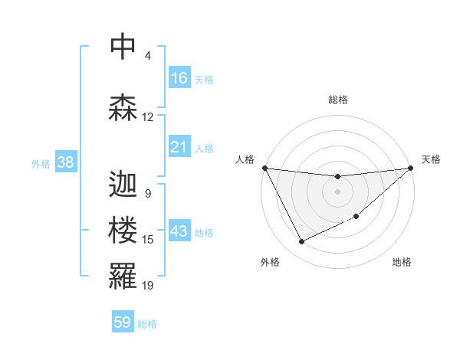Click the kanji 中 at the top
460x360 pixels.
(x=123, y=47)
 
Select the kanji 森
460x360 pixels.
(x=123, y=108)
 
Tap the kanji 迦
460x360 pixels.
(x=123, y=185)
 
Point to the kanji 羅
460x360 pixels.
(x=123, y=277)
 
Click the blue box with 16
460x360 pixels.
(x=179, y=78)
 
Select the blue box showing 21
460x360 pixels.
(x=179, y=147)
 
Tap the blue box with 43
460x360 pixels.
(x=179, y=232)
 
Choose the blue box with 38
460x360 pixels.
(x=65, y=162)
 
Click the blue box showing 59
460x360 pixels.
(x=123, y=322)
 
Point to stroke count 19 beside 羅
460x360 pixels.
(x=148, y=286)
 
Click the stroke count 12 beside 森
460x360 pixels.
(x=148, y=117)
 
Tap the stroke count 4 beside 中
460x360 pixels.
(x=148, y=56)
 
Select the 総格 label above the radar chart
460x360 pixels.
(x=337, y=100)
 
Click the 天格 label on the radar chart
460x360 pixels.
(x=432, y=159)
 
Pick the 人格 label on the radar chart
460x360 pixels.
(x=245, y=159)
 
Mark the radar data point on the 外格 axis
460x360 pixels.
(x=301, y=242)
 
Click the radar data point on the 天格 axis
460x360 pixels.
(x=410, y=168)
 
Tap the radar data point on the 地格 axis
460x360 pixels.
(x=357, y=217)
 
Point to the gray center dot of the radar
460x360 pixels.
(x=337, y=191)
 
